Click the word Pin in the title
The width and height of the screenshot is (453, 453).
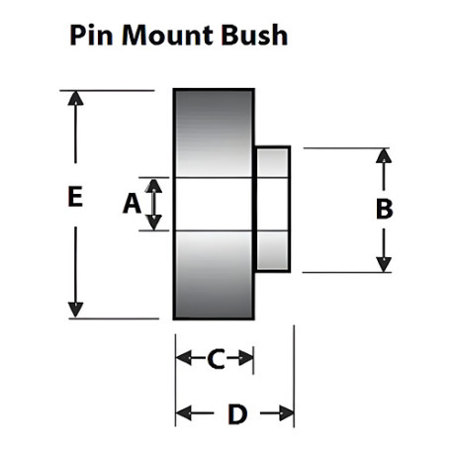pos(91,35)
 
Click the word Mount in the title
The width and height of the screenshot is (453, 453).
pos(167,35)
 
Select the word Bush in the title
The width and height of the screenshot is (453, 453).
pos(254,35)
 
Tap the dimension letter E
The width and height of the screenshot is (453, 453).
pos(75,197)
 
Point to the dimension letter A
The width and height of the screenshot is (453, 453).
pos(132,204)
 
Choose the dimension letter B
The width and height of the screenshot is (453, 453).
pos(384,209)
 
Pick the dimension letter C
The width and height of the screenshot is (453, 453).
pos(216,358)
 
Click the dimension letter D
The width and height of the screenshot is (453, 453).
pos(237,413)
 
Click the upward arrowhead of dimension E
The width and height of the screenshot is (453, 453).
pos(75,98)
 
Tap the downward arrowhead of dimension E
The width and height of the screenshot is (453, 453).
pos(75,310)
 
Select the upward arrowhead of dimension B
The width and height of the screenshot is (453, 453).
pos(384,156)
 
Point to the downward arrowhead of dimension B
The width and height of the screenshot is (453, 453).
pos(384,264)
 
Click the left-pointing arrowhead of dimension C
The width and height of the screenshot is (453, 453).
pos(184,358)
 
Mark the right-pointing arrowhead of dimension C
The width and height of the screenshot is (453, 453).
pos(245,358)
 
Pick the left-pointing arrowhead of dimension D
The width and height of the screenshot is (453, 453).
pos(184,413)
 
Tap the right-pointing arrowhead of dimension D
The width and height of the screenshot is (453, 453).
pos(286,413)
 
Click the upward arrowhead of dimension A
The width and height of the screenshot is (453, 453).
pos(153,186)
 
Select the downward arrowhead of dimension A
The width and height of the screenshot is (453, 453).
pos(153,223)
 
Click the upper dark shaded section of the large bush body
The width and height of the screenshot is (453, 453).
pos(214,134)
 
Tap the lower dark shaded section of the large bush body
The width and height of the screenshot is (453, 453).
pos(214,275)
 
